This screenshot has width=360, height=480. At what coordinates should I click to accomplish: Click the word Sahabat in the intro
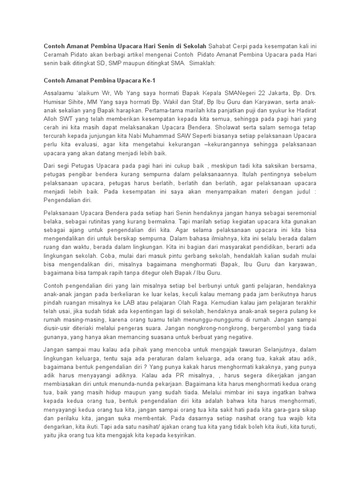[x=222, y=47]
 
